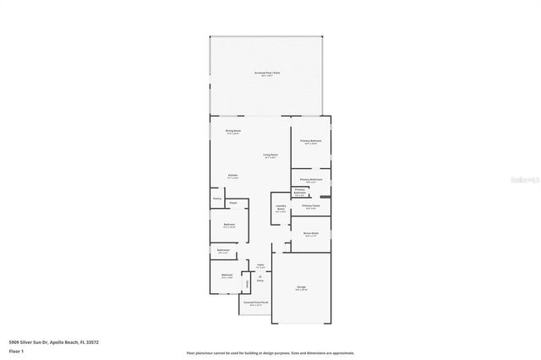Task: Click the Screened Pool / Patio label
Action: coord(266,74)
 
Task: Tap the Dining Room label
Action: coord(233,131)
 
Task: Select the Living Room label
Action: coord(270,156)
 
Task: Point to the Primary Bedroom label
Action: coord(310,141)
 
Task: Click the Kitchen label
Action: coord(232,177)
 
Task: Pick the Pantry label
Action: coord(217,199)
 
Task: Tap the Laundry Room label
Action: coord(281,209)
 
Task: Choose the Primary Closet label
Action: coord(311,205)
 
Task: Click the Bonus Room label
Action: coord(310,234)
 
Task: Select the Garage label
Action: coord(301,289)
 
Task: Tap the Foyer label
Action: coord(261,265)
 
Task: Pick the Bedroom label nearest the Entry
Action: coord(227,275)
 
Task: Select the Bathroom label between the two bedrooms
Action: coord(223,250)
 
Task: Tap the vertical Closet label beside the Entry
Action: coord(247,283)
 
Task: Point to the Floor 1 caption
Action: coord(17,351)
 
